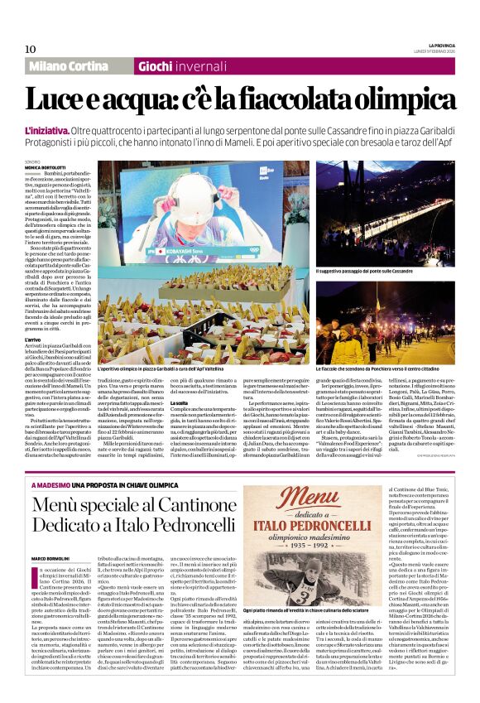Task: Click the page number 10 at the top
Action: click(31, 49)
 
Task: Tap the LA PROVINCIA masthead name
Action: click(435, 44)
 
